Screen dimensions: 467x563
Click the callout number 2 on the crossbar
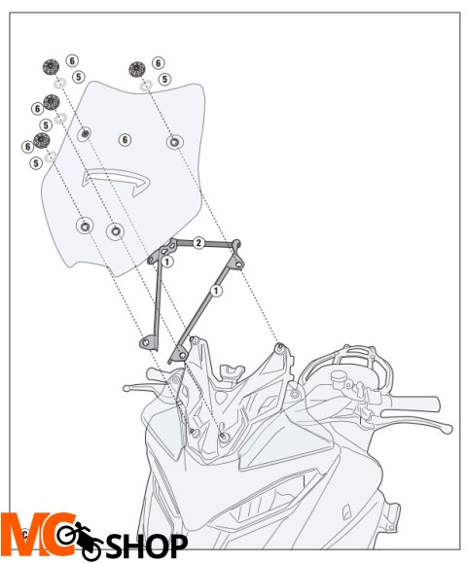click(198, 243)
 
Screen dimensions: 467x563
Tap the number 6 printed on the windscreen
click(125, 140)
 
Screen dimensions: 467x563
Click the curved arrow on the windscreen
click(116, 181)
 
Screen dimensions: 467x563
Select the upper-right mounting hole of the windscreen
click(175, 142)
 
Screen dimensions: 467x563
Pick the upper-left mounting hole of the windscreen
click(85, 134)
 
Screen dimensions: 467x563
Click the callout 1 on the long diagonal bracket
click(216, 291)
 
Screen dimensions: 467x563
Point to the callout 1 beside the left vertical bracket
click(167, 262)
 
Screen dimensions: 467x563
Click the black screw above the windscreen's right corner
click(136, 69)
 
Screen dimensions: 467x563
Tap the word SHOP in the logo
click(147, 546)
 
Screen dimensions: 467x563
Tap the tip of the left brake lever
click(126, 388)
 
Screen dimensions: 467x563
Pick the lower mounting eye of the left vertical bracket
click(146, 342)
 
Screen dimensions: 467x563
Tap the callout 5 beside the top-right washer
click(164, 79)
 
